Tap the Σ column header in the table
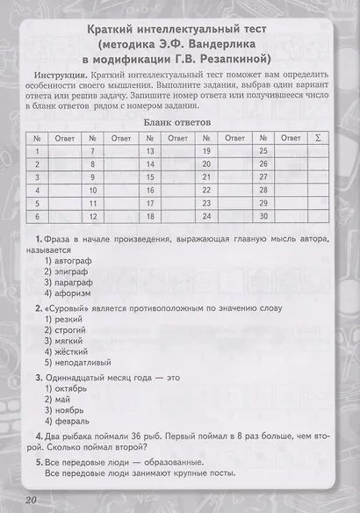click(x=317, y=138)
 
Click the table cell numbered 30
click(x=263, y=215)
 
